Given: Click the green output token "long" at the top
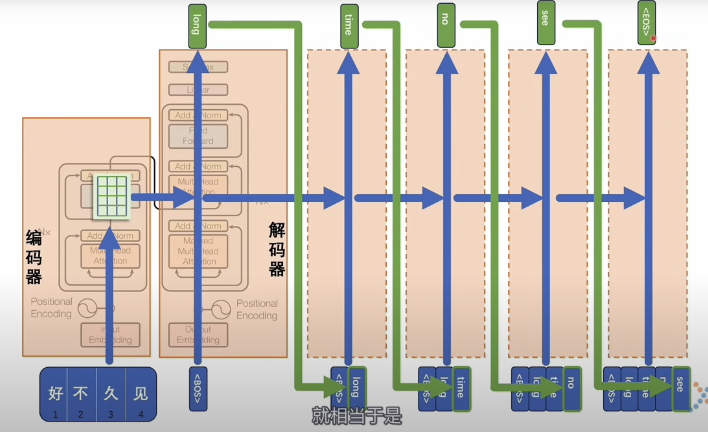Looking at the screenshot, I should click(197, 26).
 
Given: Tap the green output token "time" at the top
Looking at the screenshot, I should click(349, 26).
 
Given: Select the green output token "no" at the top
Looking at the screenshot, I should click(446, 25).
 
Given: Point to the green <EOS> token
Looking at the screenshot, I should click(646, 22).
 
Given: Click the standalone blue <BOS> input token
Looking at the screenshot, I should click(198, 389).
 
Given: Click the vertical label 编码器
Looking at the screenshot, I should click(34, 257).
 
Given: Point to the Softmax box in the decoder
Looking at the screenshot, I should click(198, 67).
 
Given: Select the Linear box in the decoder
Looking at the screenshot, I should click(198, 90).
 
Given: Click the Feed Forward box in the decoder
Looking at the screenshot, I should click(198, 136).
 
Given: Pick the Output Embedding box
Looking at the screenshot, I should click(198, 334).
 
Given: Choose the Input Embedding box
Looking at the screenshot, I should click(110, 334).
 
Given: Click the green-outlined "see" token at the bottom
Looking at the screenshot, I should click(681, 388).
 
